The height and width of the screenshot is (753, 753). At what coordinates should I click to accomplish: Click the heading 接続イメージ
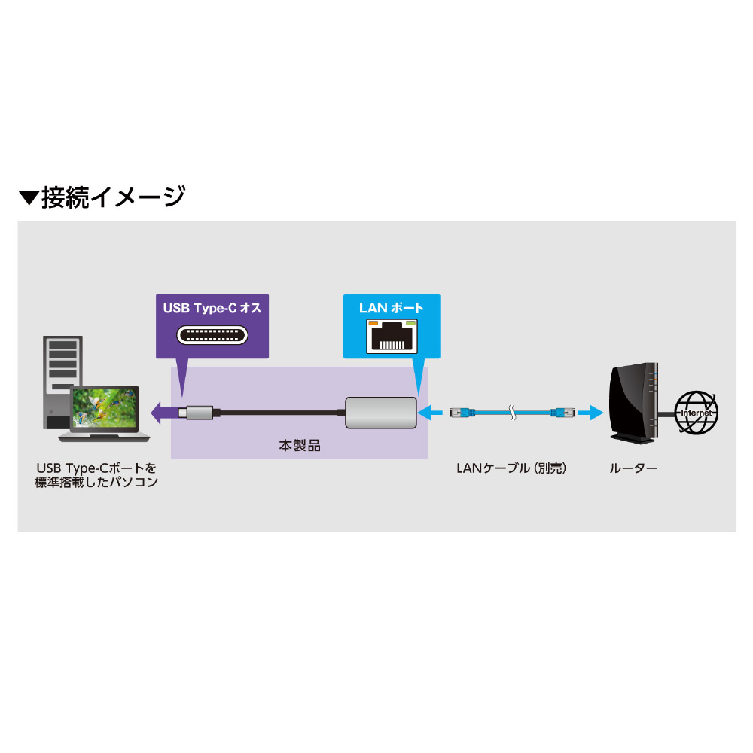[113, 197]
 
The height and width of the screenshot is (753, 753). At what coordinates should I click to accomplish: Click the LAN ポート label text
[391, 308]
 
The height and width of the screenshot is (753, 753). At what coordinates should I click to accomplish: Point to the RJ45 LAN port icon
[391, 336]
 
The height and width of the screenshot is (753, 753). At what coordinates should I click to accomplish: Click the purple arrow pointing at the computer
[162, 412]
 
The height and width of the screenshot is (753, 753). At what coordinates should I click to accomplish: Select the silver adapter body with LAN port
[380, 412]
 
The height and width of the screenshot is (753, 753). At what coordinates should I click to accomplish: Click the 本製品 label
[300, 446]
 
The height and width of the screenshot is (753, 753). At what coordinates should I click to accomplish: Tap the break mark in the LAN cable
[512, 412]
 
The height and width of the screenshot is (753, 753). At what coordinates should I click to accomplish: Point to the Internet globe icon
[697, 413]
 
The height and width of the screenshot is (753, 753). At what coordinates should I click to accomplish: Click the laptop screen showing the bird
[105, 410]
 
